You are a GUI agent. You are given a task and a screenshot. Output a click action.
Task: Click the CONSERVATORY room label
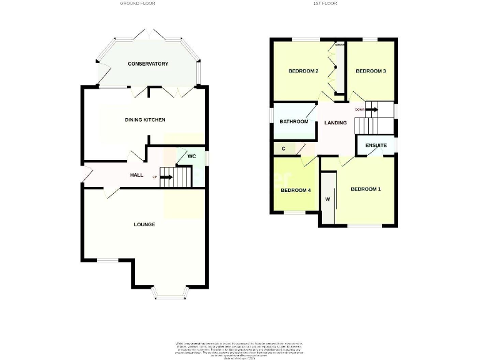pos(148,64)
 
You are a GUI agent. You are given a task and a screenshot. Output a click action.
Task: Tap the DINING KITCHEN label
pos(145,119)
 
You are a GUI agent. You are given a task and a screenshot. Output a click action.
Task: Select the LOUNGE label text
pos(144,224)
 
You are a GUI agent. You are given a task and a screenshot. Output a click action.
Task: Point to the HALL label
pos(137,175)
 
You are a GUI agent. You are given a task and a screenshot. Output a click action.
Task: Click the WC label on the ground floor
pos(192,156)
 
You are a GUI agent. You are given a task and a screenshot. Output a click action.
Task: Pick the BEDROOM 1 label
pos(365,189)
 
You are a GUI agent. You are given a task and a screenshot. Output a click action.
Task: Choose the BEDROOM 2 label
pos(303,71)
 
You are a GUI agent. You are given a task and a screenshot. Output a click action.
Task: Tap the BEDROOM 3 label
pos(370,71)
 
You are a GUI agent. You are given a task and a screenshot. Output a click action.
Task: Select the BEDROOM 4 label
pos(296,190)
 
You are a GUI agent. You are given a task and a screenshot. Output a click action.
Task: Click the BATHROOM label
pos(294,121)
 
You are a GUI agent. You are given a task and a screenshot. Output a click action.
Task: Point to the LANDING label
pos(336,122)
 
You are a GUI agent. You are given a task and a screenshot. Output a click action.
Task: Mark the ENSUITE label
pos(376,146)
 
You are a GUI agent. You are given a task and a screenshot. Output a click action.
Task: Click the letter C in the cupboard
pos(284,149)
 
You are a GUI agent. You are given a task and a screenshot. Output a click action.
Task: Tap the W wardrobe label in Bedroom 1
pos(327,199)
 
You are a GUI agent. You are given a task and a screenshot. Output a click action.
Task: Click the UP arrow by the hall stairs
pos(166,177)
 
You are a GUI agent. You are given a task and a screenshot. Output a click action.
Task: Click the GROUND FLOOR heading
pos(137,4)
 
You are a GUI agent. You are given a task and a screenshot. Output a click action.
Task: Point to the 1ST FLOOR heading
pos(325,4)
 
